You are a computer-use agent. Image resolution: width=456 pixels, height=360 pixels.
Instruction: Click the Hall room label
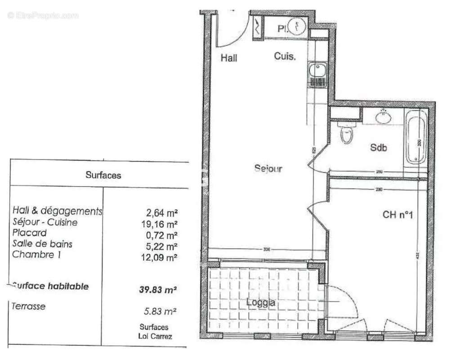pos(228,58)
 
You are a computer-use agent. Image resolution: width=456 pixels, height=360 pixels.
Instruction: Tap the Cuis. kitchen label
pos(285,57)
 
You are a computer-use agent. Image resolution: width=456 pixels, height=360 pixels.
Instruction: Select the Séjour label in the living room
pos(268,169)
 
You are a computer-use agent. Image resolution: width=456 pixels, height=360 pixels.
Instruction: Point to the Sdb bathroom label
pos(378,148)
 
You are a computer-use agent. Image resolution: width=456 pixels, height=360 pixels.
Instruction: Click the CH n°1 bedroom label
pos(398,215)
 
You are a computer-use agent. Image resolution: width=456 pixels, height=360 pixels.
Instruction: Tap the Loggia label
pos(261,303)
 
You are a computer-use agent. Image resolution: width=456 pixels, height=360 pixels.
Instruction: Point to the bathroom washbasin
pos(383,117)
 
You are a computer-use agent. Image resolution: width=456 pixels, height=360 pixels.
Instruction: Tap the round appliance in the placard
pos(296,27)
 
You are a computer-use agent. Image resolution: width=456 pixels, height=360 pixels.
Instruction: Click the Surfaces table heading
pos(103,175)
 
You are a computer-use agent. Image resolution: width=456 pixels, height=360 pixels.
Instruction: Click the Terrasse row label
pos(29,306)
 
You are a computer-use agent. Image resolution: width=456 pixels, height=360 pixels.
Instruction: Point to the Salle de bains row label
pos(42,244)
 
